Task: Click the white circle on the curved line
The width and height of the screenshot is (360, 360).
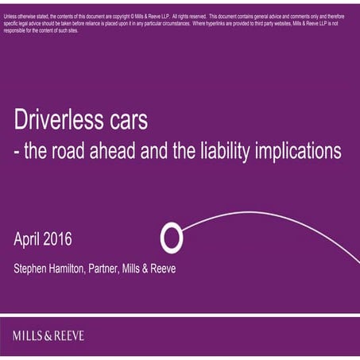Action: pyautogui.click(x=172, y=237)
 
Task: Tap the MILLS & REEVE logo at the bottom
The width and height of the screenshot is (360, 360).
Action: pyautogui.click(x=48, y=335)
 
